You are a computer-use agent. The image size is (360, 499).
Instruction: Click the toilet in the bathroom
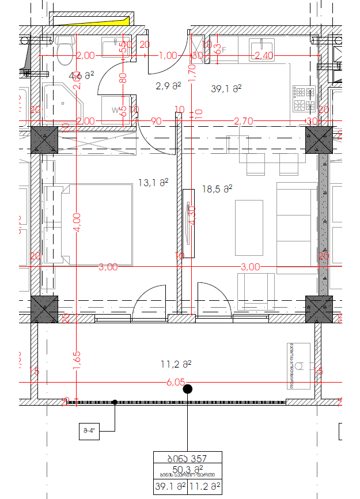tap(65, 50)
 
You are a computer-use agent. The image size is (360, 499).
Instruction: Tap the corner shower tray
tap(62, 101)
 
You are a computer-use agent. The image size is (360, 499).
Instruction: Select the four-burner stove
tap(304, 99)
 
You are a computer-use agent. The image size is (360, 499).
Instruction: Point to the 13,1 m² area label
tap(153, 183)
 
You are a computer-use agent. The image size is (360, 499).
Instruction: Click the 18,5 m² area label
tap(217, 188)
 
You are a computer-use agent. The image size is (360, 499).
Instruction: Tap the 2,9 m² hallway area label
tap(168, 86)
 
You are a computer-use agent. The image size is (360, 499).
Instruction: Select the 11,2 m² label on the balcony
tap(176, 364)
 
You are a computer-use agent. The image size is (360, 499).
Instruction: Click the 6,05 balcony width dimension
tap(176, 381)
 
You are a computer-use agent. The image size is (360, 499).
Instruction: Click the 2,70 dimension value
tap(243, 121)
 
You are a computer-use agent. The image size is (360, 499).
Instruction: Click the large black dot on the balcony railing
tap(187, 390)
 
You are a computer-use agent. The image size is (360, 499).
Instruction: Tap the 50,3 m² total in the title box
tap(187, 468)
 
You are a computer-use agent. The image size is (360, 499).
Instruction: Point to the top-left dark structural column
tap(44, 140)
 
